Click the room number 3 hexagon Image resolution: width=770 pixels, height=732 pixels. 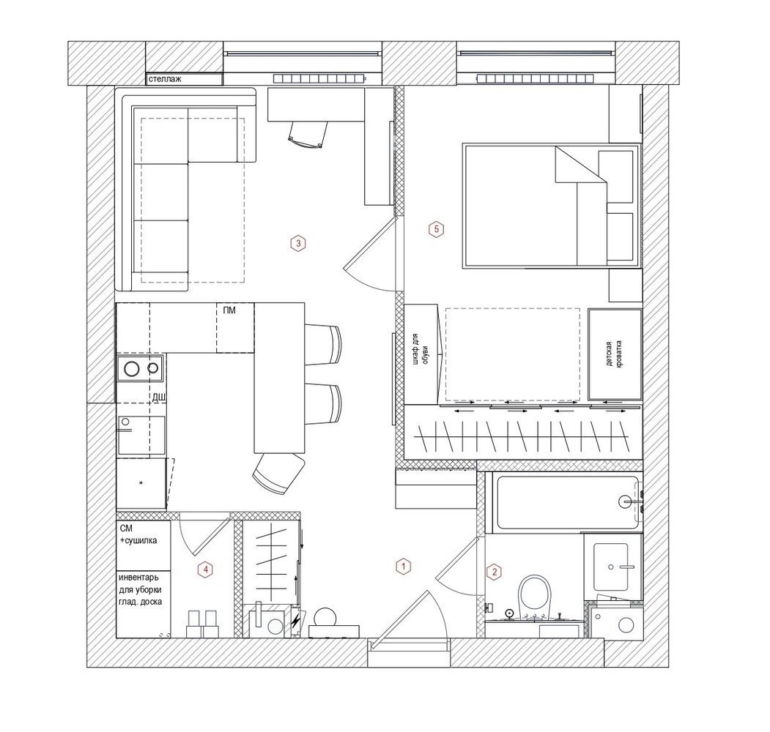click(x=298, y=243)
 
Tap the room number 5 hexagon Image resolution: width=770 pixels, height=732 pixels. click(x=436, y=229)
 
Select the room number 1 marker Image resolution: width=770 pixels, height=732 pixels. click(x=403, y=567)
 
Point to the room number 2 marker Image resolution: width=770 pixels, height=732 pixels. click(x=494, y=572)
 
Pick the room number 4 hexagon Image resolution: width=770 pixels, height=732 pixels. click(x=206, y=569)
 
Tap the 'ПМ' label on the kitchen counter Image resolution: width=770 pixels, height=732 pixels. click(x=229, y=310)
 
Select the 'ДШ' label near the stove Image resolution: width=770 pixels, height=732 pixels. click(x=158, y=397)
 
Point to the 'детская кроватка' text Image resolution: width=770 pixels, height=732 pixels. click(x=614, y=354)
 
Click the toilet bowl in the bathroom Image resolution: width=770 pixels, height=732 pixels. click(x=536, y=593)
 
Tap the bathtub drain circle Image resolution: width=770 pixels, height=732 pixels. click(x=625, y=501)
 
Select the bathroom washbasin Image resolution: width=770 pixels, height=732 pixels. click(x=611, y=567)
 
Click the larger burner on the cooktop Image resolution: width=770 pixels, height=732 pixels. click(x=132, y=368)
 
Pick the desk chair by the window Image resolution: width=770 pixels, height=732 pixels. click(x=308, y=134)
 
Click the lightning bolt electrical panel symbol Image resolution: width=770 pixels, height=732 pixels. click(x=296, y=622)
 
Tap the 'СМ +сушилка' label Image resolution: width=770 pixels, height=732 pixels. click(x=138, y=534)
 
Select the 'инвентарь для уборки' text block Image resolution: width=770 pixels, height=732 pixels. click(x=140, y=584)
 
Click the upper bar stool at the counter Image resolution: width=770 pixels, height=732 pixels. click(x=323, y=345)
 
